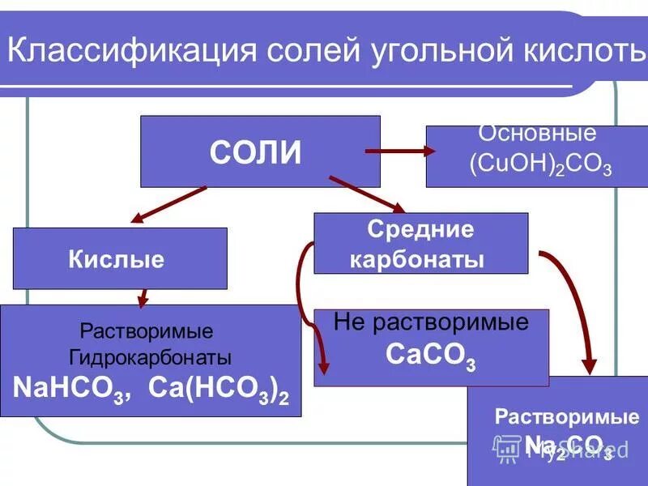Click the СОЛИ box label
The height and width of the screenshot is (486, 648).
click(255, 152)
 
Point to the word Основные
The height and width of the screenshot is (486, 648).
click(537, 134)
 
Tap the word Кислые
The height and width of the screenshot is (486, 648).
click(117, 259)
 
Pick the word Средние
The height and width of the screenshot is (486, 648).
click(420, 229)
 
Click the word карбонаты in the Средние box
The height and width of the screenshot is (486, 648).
click(420, 259)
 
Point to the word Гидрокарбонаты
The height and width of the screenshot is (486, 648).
click(150, 357)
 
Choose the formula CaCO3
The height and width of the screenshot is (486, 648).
click(431, 356)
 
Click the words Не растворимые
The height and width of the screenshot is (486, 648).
click(431, 322)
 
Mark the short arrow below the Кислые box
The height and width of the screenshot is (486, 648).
click(144, 297)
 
